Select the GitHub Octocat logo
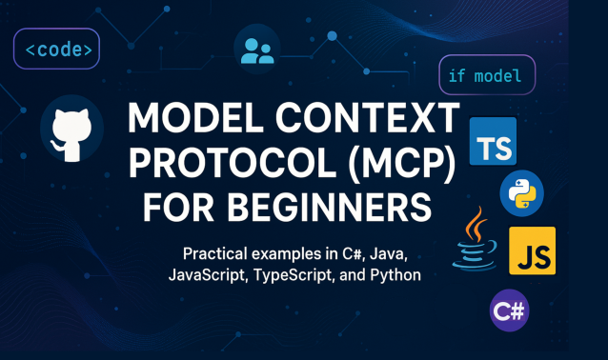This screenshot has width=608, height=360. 72,129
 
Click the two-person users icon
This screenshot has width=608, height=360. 257,49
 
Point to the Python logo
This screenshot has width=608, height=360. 521,194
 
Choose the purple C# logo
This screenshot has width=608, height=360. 509,310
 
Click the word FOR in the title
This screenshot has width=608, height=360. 179,205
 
